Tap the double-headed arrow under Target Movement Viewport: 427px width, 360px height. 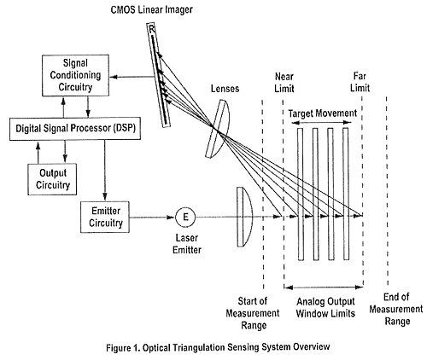pos(323,125)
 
